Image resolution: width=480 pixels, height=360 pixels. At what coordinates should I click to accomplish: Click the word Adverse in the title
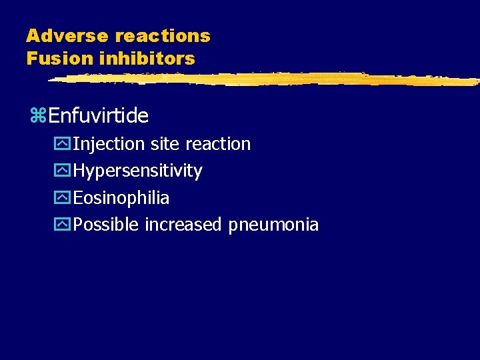pyautogui.click(x=67, y=36)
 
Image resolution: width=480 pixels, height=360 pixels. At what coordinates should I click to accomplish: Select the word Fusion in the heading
pyautogui.click(x=59, y=59)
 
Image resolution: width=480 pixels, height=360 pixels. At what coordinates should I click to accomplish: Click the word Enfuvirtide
pyautogui.click(x=98, y=116)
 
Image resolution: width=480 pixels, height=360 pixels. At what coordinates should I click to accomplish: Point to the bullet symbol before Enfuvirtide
pyautogui.click(x=38, y=117)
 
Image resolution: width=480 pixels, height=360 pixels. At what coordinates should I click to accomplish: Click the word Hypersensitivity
pyautogui.click(x=137, y=171)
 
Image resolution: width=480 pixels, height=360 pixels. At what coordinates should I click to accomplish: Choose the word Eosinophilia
pyautogui.click(x=121, y=198)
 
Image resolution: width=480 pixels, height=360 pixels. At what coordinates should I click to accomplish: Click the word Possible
pyautogui.click(x=106, y=225)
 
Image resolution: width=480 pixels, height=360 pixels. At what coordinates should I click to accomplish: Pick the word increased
pyautogui.click(x=183, y=225)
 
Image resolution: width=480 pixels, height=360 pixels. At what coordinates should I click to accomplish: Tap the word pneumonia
pyautogui.click(x=273, y=225)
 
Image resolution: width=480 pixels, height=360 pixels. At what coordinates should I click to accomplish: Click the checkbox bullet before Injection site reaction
pyautogui.click(x=65, y=144)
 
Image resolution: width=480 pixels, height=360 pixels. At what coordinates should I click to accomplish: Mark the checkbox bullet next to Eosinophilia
pyautogui.click(x=65, y=198)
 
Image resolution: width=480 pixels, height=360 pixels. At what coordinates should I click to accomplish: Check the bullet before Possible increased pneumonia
pyautogui.click(x=65, y=225)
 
